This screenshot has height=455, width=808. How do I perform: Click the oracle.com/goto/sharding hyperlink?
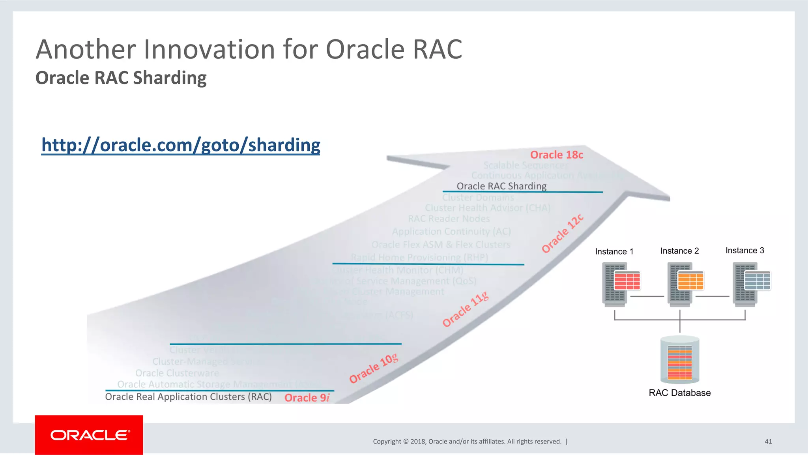pos(181,145)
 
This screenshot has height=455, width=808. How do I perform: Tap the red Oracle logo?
pos(89,435)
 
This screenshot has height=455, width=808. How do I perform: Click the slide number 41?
pos(768,441)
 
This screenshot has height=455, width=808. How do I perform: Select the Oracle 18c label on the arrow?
pos(556,155)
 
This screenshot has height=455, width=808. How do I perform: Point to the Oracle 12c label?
pos(562,234)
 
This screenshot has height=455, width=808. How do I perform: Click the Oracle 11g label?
pos(465,310)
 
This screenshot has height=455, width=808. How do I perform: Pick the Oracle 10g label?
pos(374,369)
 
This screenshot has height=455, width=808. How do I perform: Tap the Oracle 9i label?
pos(307,397)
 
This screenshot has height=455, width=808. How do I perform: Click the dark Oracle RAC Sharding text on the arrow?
pos(501,186)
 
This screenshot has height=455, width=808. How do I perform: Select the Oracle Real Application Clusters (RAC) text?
pos(188,397)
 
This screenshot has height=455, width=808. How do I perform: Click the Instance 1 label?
pos(614,251)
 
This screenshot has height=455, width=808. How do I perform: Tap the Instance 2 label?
pos(679,251)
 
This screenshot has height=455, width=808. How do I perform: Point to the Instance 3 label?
pos(744,251)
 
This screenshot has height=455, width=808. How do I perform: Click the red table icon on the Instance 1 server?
pos(627,281)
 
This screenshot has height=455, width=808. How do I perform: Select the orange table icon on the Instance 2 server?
pos(690,281)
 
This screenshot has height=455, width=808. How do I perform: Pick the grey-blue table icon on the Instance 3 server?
pos(757,281)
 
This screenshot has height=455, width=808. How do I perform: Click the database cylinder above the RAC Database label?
pos(679,360)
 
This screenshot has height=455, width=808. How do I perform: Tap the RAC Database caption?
pos(679,393)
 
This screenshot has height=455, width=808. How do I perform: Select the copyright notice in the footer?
pos(467,441)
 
